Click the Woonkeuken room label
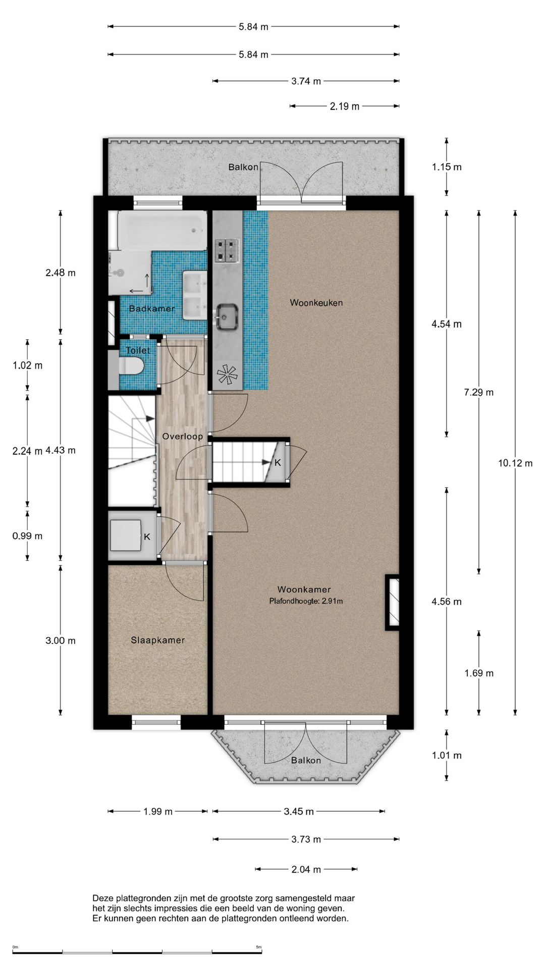coord(316,303)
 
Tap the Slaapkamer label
coord(157,640)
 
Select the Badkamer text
coord(151,308)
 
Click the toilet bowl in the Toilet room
coord(132,366)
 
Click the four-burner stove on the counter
coord(227,250)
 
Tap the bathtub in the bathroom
coord(162,230)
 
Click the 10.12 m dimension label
coord(515,463)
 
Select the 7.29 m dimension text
coord(478,392)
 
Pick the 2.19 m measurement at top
coord(345,106)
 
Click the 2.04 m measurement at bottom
coord(306,869)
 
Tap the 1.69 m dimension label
coord(478,673)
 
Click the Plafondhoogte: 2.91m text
coord(306,601)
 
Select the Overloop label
coord(182,437)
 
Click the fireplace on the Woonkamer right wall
coord(393,602)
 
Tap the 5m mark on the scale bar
coord(258,947)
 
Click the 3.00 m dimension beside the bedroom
coord(60,640)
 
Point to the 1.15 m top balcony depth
coord(446,167)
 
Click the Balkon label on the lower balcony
coord(306,760)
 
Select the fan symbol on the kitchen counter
coord(227,374)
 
